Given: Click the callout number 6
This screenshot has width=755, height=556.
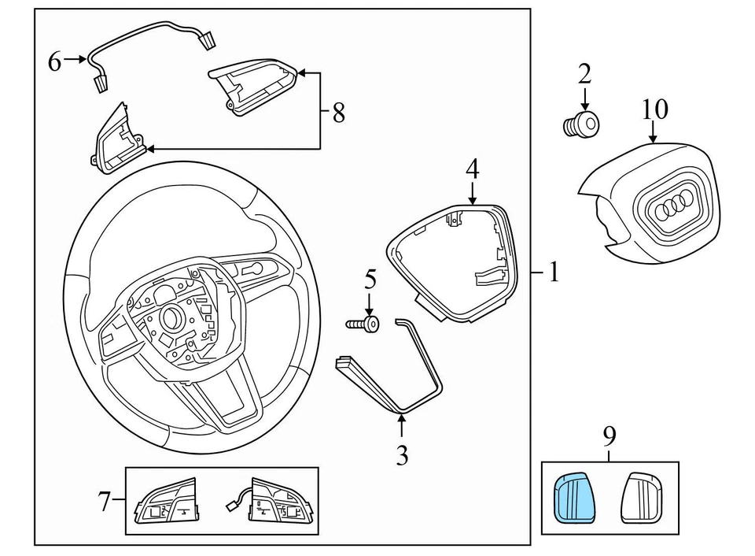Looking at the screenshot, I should pyautogui.click(x=54, y=61).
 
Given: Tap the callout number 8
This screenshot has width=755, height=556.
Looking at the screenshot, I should pyautogui.click(x=338, y=113).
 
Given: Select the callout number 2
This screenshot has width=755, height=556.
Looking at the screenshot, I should pyautogui.click(x=584, y=75).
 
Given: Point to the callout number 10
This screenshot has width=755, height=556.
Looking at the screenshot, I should pyautogui.click(x=655, y=109).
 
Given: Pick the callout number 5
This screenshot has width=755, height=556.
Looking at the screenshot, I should pyautogui.click(x=370, y=280).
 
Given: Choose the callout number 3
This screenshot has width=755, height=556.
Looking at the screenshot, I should pyautogui.click(x=402, y=455).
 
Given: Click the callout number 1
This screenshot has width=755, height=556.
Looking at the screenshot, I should pyautogui.click(x=554, y=272).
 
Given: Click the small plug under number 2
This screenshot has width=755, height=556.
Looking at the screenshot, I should pyautogui.click(x=581, y=124).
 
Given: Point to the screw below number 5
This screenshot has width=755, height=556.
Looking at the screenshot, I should pyautogui.click(x=363, y=323).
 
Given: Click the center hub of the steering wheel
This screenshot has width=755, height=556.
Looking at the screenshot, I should pyautogui.click(x=170, y=317).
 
